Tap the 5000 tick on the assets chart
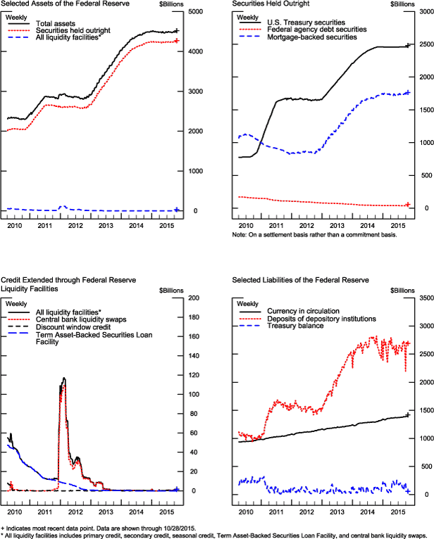194,13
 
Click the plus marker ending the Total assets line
176,31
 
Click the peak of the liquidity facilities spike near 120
64,379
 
